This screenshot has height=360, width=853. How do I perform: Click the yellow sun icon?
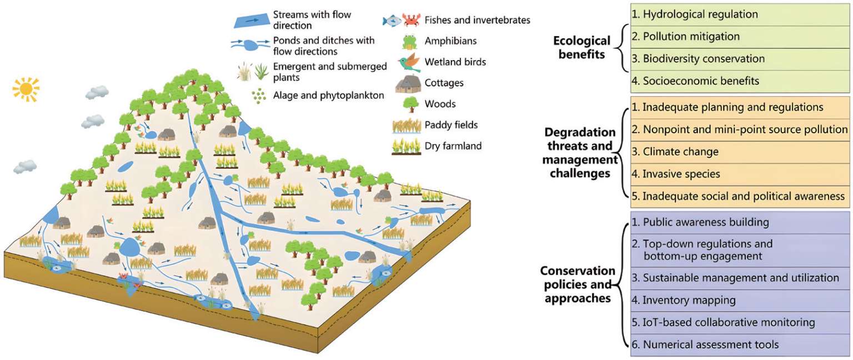pyautogui.click(x=26, y=89)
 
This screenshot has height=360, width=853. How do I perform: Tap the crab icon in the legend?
pyautogui.click(x=412, y=21)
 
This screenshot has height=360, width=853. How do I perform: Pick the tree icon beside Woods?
pyautogui.click(x=410, y=104)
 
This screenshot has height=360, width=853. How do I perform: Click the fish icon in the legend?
pyautogui.click(x=392, y=21)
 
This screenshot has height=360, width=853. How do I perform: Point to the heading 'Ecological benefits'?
pyautogui.click(x=581, y=47)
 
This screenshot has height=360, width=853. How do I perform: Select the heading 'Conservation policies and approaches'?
pyautogui.click(x=578, y=284)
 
